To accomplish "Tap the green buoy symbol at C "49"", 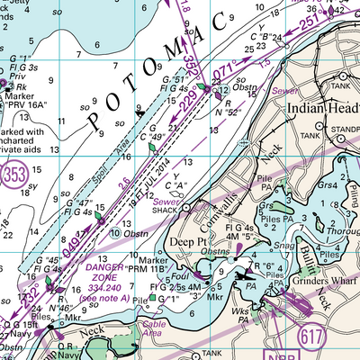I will coord(152,147).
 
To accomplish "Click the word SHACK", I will coord(164,213).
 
